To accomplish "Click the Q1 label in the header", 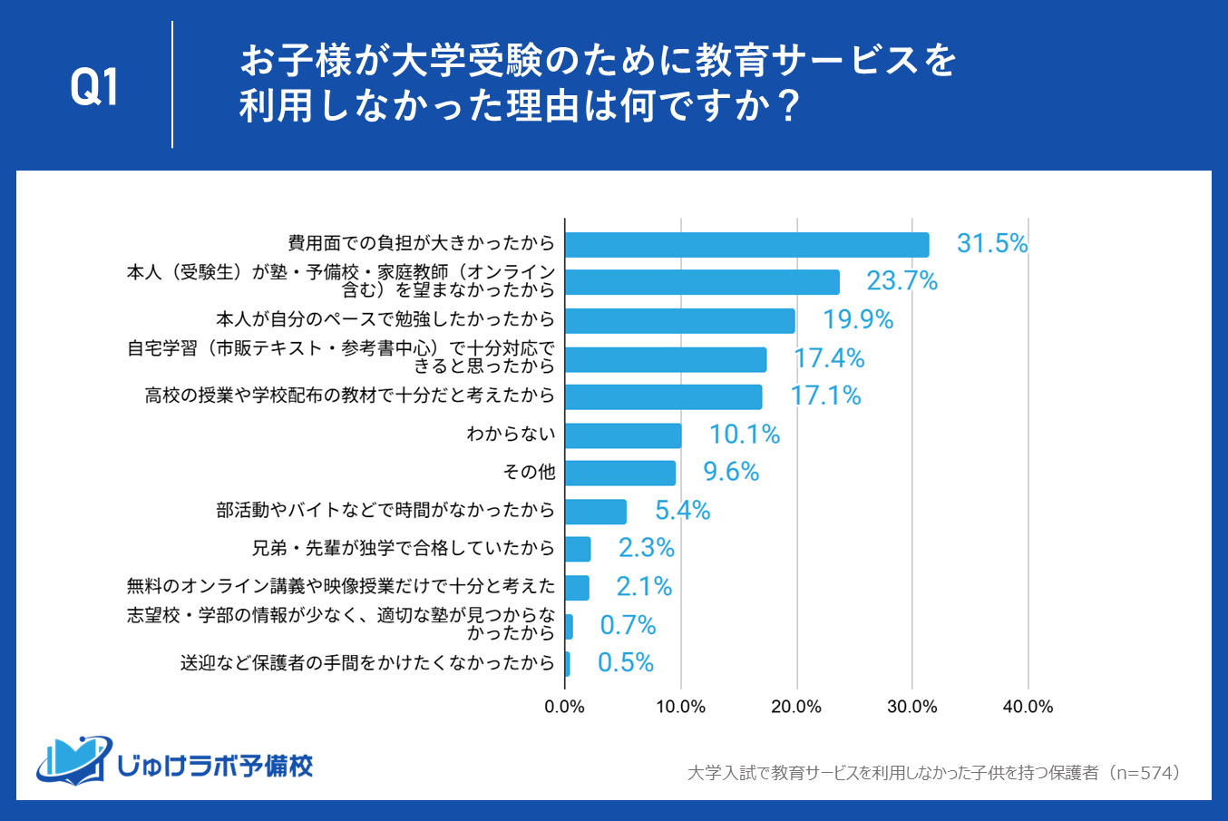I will (94, 88).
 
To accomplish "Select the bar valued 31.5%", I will (746, 245).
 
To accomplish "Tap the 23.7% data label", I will (902, 281).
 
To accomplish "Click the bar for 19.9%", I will (679, 320).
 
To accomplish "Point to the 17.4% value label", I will (829, 358).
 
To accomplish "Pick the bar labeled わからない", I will (623, 435).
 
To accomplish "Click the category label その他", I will (529, 472).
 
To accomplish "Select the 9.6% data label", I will (731, 472).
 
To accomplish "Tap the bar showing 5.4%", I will (596, 512).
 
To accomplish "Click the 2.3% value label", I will (647, 548).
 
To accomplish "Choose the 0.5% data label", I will (626, 663).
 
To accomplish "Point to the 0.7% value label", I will (628, 625).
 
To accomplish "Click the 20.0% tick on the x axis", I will (796, 708).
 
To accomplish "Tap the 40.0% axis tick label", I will (1028, 708).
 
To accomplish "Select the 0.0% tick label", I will (564, 708).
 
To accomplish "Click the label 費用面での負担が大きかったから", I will (421, 243).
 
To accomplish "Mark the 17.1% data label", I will (825, 396).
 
